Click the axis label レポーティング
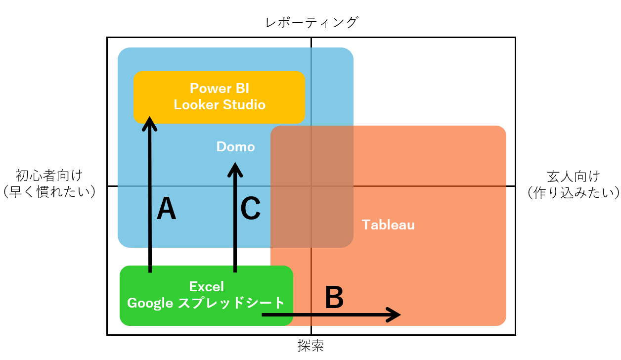tap(311, 22)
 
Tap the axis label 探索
tap(311, 346)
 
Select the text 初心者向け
tap(49, 175)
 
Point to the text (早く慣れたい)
tap(49, 192)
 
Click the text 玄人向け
tap(574, 177)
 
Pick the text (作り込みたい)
tap(574, 192)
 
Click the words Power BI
tap(220, 89)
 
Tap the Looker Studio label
tap(220, 104)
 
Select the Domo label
tap(235, 147)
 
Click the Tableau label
tap(388, 225)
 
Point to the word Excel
tap(206, 286)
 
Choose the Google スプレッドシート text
tap(206, 303)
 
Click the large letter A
tap(166, 208)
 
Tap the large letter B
tap(334, 297)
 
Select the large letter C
tap(250, 208)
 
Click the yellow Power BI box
tap(220, 97)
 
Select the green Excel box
tap(206, 296)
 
